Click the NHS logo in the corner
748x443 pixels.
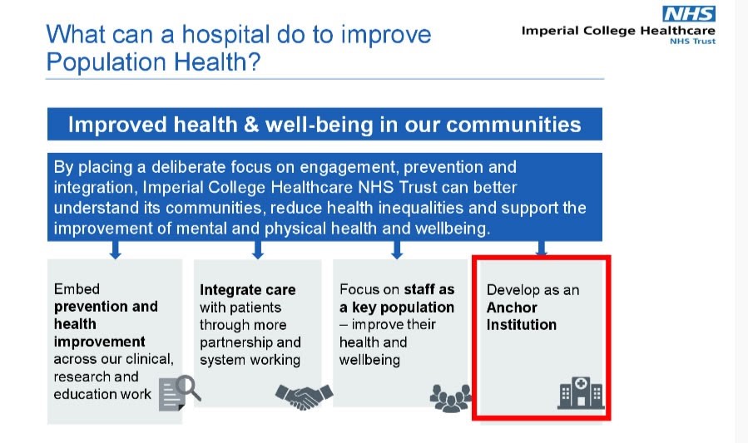point(689,14)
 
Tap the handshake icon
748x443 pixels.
point(304,396)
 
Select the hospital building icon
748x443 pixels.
point(581,393)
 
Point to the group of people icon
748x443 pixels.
point(451,398)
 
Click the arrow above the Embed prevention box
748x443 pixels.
point(115,250)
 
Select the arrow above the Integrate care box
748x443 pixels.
point(258,250)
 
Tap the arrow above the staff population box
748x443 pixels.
point(396,250)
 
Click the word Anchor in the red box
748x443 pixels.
point(512,308)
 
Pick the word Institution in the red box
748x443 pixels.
point(522,325)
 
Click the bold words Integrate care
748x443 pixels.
point(248,290)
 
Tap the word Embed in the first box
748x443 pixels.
point(77,288)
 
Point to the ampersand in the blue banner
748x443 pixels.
point(251,125)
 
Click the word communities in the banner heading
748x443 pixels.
point(513,125)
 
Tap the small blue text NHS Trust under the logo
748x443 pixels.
point(692,42)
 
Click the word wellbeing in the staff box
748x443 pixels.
point(369,360)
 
